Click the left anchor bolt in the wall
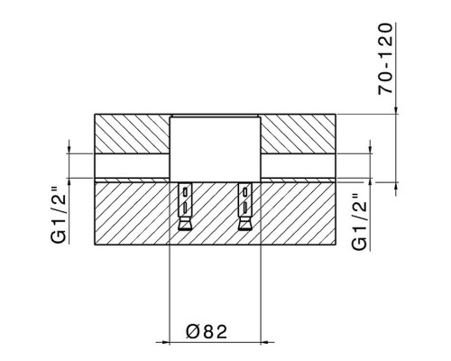tap(185, 208)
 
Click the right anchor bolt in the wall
tap(244, 208)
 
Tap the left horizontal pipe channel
tap(132, 164)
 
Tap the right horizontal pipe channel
tap(299, 164)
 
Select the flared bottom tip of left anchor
tap(185, 226)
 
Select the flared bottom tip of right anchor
tap(244, 226)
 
